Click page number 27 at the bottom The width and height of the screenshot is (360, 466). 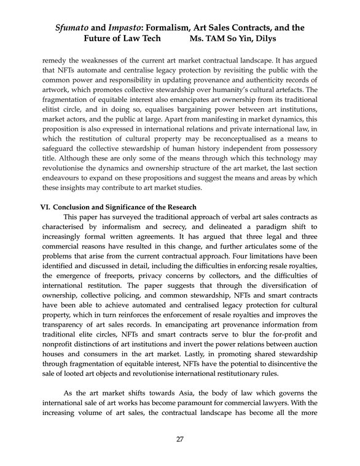[x=180, y=438]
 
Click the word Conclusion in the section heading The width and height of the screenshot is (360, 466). [x=77, y=207]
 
